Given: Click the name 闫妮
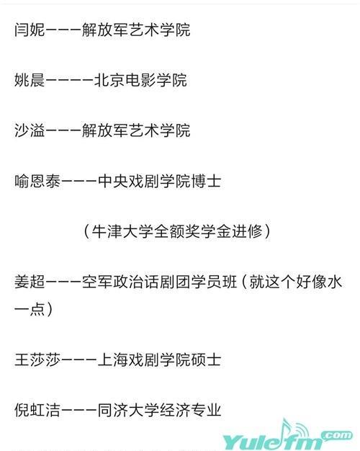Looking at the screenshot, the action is point(30,30).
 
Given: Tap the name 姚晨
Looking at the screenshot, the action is point(30,80).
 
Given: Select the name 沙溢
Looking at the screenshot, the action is point(30,130).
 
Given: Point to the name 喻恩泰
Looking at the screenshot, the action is point(37,182).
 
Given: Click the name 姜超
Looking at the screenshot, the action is point(30,282).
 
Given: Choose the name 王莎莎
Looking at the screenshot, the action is point(37,360).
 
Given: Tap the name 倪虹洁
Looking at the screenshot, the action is point(37,410).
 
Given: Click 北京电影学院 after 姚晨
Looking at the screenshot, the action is point(141,80).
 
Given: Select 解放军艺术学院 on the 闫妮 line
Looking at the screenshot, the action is point(136,30).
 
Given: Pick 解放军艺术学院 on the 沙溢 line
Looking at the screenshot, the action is point(136,130).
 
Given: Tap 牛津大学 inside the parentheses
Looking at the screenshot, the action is point(122,231).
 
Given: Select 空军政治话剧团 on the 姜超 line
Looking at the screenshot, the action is point(136,282).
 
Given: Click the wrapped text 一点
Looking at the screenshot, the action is point(30,308).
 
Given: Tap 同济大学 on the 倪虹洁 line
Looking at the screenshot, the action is point(128,410).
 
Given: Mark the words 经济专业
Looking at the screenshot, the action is point(190,410).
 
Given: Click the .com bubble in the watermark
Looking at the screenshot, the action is point(337,434).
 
